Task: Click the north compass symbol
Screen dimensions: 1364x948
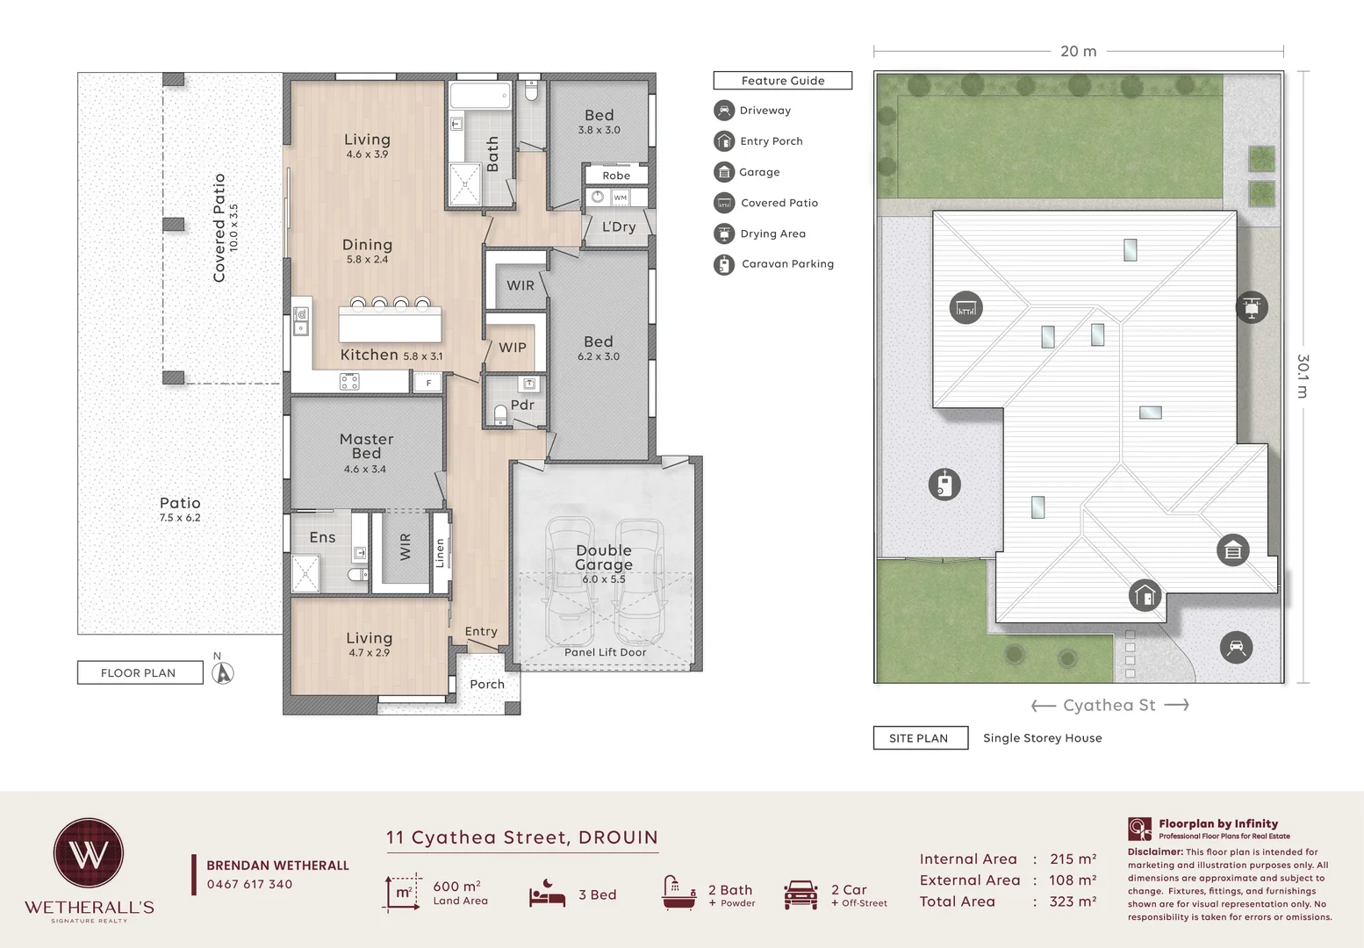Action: coord(223,672)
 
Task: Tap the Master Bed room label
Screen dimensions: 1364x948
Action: coord(367,446)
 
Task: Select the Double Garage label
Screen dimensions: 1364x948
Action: coord(604,557)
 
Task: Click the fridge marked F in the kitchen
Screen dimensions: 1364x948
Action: coord(428,383)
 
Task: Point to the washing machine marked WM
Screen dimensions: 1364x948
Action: coord(620,197)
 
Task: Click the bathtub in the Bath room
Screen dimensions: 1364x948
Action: coord(480,95)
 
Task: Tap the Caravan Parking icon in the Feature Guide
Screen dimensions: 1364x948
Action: coord(724,264)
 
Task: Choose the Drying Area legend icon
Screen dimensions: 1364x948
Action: coord(724,233)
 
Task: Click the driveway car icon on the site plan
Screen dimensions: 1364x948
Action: coord(1236,647)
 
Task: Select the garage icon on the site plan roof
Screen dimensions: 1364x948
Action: coord(1233,550)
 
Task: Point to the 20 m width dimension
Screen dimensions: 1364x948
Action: coord(1079,51)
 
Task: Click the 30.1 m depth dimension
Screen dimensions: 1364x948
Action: coord(1303,377)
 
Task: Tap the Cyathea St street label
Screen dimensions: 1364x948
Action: coord(1109,705)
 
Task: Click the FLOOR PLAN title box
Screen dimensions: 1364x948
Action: coord(140,672)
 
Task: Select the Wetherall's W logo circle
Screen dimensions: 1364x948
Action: coord(89,853)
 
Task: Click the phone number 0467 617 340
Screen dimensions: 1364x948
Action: coord(249,884)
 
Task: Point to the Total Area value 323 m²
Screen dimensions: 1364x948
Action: coord(1073,901)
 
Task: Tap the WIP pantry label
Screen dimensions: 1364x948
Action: coord(513,348)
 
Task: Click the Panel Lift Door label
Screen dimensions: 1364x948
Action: coord(606,652)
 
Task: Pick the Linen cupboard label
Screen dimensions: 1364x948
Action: coord(440,553)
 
